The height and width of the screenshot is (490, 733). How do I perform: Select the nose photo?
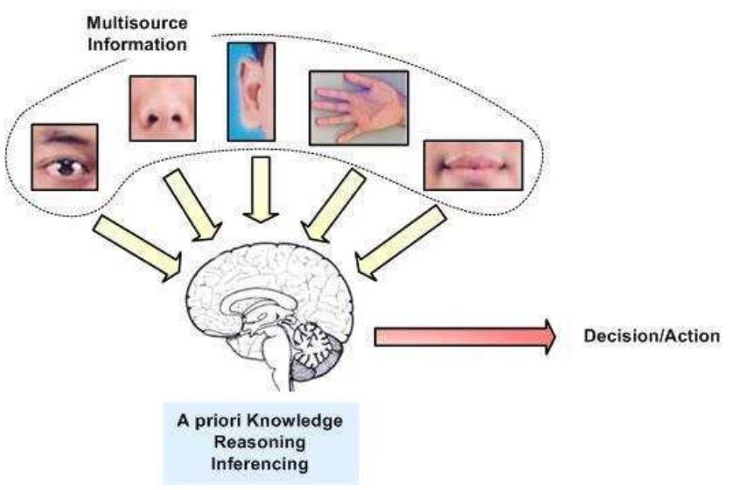(x=162, y=108)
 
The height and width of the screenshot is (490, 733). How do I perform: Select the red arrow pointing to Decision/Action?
(x=464, y=337)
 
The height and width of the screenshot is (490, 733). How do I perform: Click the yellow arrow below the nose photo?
(x=199, y=204)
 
